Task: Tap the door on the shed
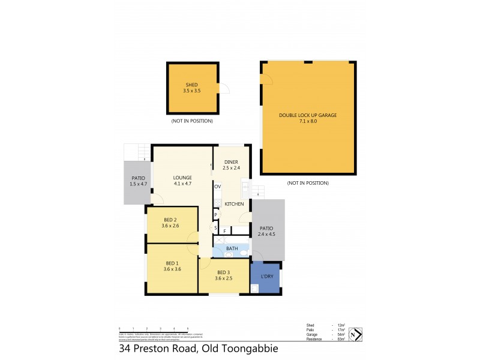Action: [x=224, y=89]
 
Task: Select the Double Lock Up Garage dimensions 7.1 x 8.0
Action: [x=306, y=121]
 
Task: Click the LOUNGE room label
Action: [x=182, y=177]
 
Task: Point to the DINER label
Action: [x=232, y=162]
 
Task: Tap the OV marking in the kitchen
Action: [x=217, y=187]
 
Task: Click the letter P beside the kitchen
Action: [x=215, y=215]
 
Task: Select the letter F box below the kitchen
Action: [x=224, y=230]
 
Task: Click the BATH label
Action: [x=232, y=248]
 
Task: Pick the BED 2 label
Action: [x=170, y=220]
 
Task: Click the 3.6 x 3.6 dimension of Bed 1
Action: [x=172, y=269]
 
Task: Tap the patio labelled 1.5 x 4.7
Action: [x=138, y=181]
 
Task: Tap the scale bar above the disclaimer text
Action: [x=154, y=328]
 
